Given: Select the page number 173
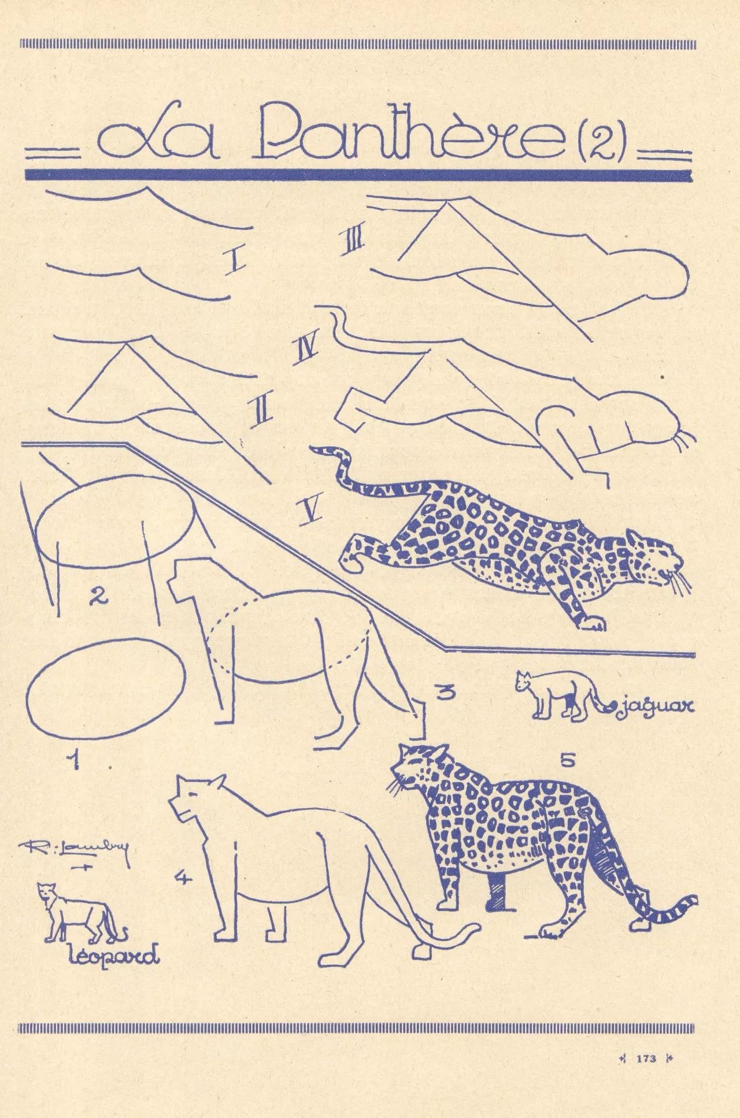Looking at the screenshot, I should pos(645,1058).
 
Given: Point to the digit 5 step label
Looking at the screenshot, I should pos(567,761).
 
